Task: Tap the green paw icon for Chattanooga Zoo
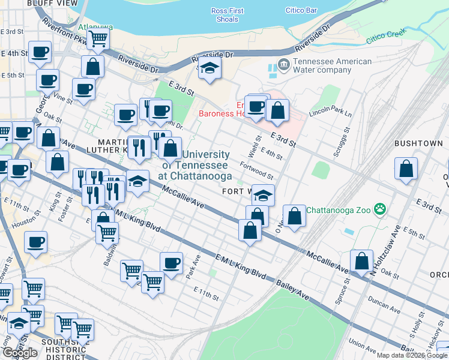[379, 209]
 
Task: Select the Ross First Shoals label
[228, 15]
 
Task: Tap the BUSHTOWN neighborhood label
[418, 144]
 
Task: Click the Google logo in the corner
[20, 353]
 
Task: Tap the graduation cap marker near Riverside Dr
[209, 68]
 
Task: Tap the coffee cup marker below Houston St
[36, 242]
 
